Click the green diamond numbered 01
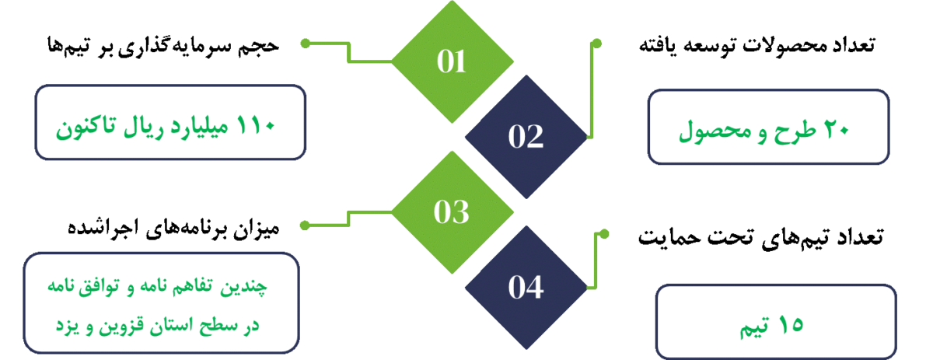[x=451, y=61]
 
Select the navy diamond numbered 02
[x=526, y=136]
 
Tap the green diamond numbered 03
[x=451, y=211]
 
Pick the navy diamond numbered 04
[x=526, y=287]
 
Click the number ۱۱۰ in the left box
[x=257, y=124]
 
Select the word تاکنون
[x=88, y=124]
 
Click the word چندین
[x=251, y=288]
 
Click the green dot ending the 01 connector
[x=306, y=42]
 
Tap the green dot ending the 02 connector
[x=597, y=43]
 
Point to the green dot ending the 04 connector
[x=604, y=233]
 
